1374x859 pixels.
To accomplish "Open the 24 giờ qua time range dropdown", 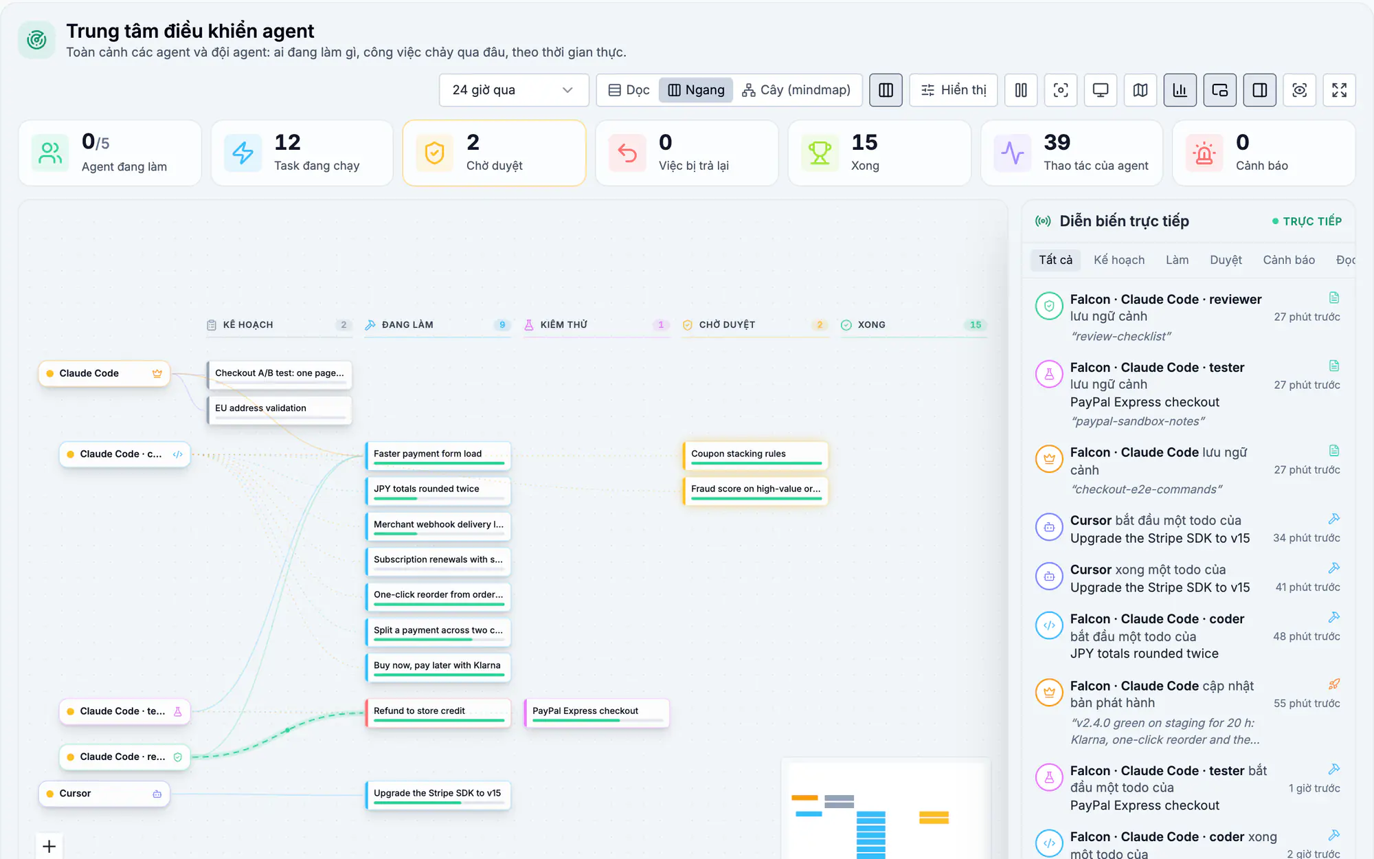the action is (513, 90).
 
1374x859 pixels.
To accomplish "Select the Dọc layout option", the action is (629, 90).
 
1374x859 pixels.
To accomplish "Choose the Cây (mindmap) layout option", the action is (796, 90).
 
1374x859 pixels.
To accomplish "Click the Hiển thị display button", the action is (954, 90).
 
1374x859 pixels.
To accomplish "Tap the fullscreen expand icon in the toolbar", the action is (1339, 90).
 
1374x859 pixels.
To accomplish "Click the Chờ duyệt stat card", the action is (494, 153).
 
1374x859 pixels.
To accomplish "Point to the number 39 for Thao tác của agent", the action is (1057, 142).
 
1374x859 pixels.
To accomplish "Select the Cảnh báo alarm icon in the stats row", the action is (1204, 153).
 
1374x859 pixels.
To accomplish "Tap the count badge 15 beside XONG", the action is (976, 324).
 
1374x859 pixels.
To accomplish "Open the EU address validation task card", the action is (280, 409).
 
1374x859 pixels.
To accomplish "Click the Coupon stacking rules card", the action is (756, 455).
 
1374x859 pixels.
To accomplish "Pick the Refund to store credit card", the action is (438, 712).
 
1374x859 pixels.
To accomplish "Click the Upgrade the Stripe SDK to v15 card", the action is (438, 794).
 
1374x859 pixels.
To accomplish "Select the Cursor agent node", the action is (104, 794).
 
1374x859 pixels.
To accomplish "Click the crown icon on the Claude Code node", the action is (157, 373).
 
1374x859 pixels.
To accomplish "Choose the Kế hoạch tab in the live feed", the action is (1119, 260).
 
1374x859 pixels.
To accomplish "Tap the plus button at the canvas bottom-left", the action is (49, 846).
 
